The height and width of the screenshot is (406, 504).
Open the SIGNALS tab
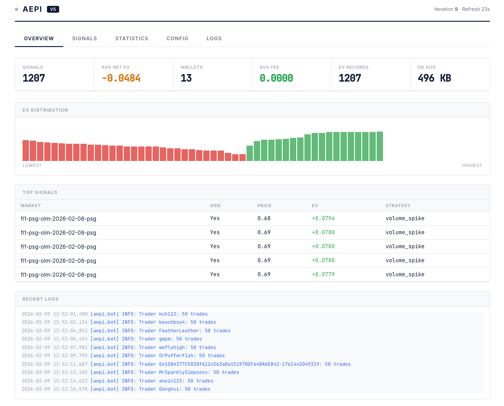click(84, 38)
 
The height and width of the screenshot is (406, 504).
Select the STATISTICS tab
click(132, 38)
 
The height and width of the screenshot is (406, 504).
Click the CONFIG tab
click(177, 38)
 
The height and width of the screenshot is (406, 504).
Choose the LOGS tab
click(214, 38)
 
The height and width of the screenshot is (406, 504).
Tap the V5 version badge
click(53, 9)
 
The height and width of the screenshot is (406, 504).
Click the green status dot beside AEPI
click(16, 9)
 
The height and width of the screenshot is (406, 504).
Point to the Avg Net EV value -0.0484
click(121, 78)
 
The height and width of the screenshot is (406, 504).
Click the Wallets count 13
click(186, 78)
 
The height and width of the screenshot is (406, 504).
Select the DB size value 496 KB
click(434, 78)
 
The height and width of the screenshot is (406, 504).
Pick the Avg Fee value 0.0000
click(276, 78)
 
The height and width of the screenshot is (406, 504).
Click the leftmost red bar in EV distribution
click(26, 151)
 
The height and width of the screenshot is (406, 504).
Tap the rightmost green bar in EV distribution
click(380, 146)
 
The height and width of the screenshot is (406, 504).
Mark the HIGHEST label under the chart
click(472, 165)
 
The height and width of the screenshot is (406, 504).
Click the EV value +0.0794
click(323, 218)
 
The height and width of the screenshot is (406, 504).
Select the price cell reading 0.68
click(264, 218)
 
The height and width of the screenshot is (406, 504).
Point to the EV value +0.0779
click(323, 274)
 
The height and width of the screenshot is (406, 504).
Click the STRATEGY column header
click(398, 206)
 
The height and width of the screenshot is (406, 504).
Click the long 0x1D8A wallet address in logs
click(239, 364)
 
